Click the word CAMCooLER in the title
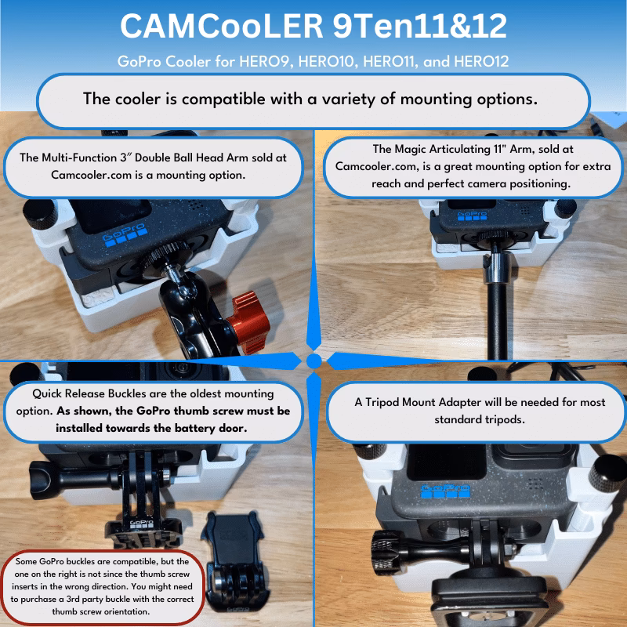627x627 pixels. [x=221, y=26]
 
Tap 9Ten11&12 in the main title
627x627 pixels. [x=420, y=26]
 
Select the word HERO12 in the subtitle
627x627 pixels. [x=481, y=61]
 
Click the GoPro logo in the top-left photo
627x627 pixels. [x=125, y=236]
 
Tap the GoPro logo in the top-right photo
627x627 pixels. [x=472, y=216]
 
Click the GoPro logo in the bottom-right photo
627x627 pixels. [x=445, y=491]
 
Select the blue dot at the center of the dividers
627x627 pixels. [x=314, y=361]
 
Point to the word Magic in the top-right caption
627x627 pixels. [x=410, y=149]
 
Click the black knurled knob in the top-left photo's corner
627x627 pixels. [x=40, y=214]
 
